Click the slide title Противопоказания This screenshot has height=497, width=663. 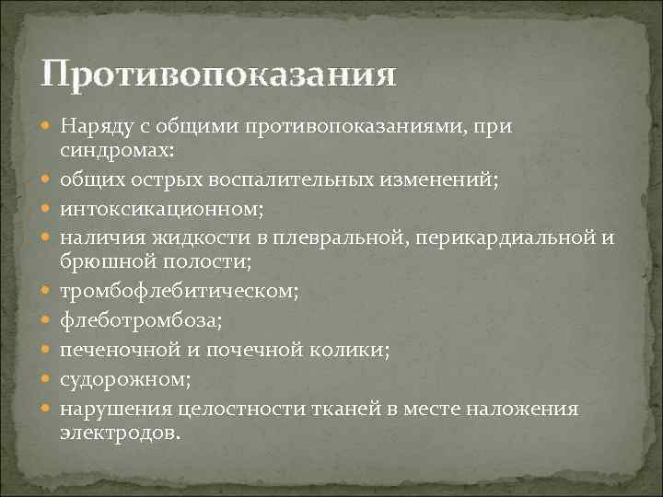(219, 75)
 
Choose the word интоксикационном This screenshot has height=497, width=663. (161, 208)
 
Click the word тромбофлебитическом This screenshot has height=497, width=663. (179, 294)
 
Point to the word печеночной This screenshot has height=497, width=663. (113, 351)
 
